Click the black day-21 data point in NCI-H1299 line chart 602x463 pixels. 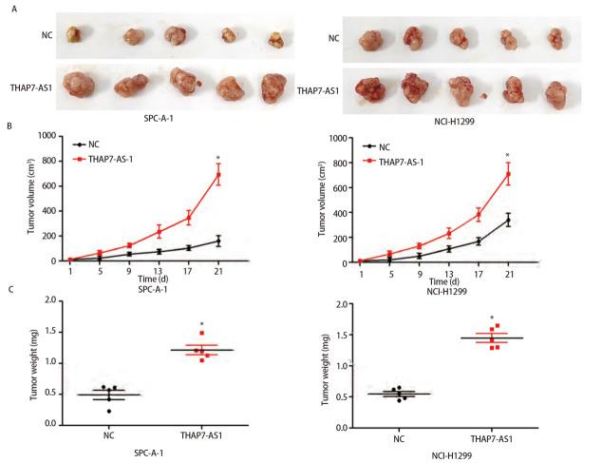(507, 221)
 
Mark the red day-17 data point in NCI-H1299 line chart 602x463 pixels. (479, 215)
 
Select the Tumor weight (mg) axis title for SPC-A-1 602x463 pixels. (34, 362)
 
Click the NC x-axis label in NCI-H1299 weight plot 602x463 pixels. (398, 437)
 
